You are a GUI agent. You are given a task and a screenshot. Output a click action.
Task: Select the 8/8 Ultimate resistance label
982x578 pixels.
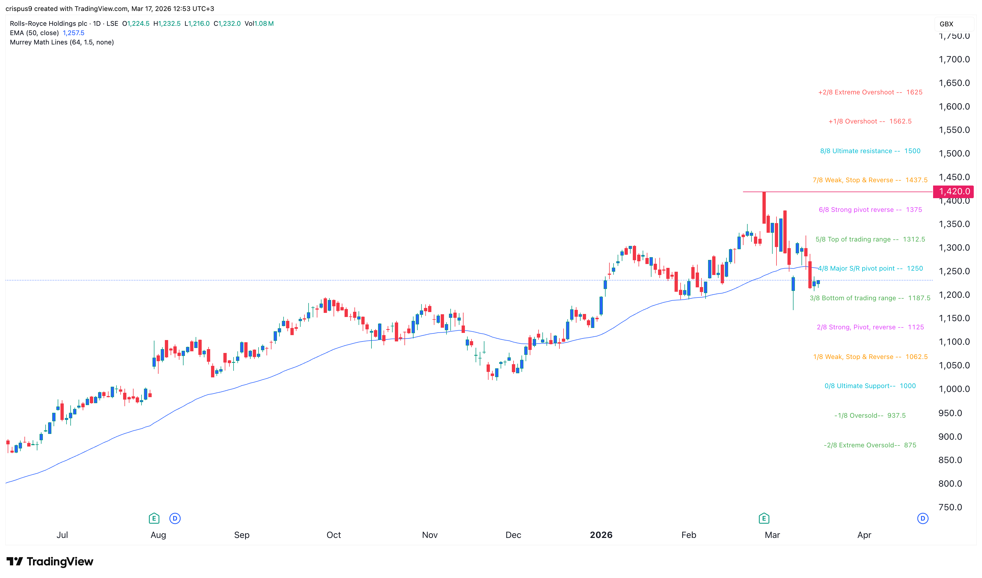pos(870,151)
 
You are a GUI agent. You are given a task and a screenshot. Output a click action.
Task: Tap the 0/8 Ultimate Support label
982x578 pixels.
pos(870,386)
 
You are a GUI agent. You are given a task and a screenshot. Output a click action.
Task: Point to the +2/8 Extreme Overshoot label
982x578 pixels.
pos(870,92)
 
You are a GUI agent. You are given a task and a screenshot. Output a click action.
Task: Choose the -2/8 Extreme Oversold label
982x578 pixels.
pos(870,445)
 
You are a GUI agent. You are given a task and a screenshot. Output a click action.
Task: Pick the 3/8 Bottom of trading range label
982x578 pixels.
pos(870,298)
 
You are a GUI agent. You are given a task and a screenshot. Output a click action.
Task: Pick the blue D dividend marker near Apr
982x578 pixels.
pos(922,518)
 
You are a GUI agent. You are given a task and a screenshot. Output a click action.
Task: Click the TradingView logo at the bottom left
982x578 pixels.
pos(50,562)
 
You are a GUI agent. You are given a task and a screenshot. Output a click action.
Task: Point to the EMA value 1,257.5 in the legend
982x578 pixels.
pos(74,33)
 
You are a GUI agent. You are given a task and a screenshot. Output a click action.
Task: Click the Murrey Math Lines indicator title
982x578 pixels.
pos(62,43)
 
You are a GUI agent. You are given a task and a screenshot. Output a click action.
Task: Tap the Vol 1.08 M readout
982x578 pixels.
pos(259,24)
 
